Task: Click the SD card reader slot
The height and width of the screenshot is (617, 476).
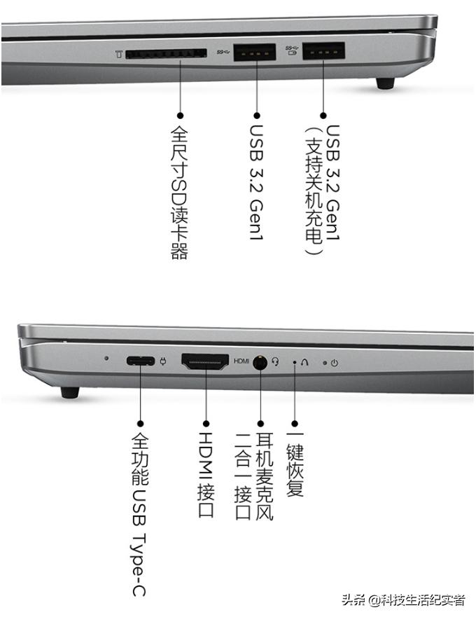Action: [167, 53]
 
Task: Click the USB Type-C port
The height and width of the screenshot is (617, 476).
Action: [140, 362]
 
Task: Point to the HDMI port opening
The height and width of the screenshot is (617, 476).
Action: [205, 361]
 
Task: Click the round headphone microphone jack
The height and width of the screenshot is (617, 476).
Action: [260, 362]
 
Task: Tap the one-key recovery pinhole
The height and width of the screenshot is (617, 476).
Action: [294, 363]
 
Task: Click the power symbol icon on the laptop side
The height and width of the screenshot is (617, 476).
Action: [335, 363]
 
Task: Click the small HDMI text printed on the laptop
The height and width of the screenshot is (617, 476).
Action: [241, 361]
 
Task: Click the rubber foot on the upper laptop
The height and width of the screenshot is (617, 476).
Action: [385, 83]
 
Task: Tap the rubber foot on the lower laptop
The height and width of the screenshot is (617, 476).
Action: [69, 392]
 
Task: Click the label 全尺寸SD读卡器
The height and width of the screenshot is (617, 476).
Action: [180, 192]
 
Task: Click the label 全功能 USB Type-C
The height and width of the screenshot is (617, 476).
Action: [139, 514]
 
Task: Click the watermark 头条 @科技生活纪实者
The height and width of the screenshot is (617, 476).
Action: [404, 600]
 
